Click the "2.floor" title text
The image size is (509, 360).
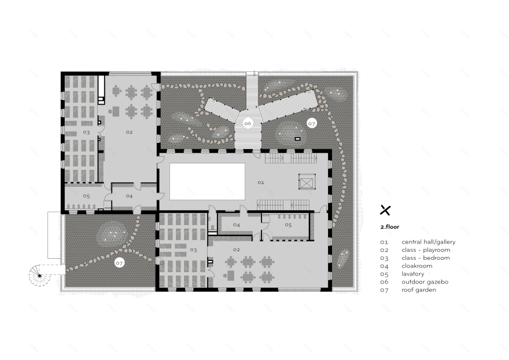pos(389,227)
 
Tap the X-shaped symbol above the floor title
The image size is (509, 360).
pos(385,210)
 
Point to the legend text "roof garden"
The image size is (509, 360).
pos(419,290)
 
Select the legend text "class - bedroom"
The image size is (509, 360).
pos(425,258)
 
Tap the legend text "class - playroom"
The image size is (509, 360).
pos(425,249)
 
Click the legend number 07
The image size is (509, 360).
pos(384,290)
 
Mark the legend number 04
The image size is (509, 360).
pos(384,266)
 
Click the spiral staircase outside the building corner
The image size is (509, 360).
pos(39,275)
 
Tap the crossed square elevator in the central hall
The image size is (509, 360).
pos(306,182)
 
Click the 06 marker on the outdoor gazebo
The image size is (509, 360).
pos(248,123)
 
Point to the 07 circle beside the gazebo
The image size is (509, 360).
pos(312,123)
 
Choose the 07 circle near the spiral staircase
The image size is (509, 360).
pos(120,263)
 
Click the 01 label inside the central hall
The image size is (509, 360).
pos(261,182)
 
